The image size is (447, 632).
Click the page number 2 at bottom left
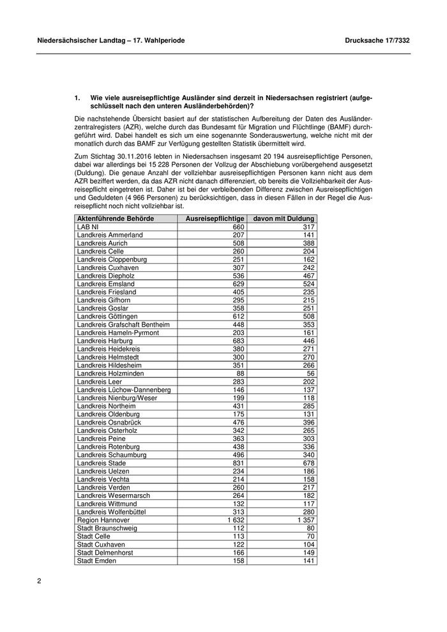[39, 582]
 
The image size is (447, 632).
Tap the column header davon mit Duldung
[285, 219]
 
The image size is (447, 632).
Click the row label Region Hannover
[103, 520]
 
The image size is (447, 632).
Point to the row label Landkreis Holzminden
[110, 373]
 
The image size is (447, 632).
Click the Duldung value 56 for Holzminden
[310, 373]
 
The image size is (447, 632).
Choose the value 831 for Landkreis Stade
[236, 463]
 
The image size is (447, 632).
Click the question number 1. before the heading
[77, 98]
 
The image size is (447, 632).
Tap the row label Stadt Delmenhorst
[105, 553]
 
